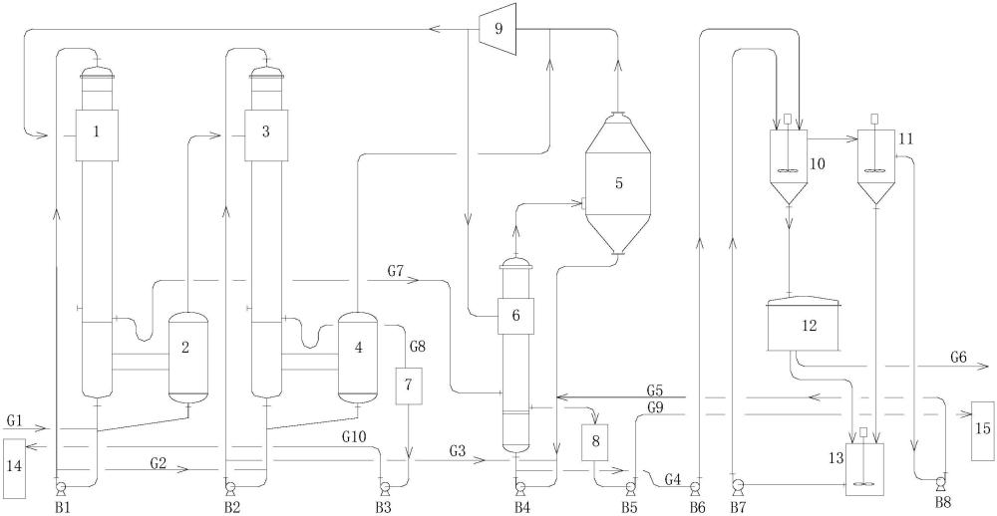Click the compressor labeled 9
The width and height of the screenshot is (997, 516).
498,29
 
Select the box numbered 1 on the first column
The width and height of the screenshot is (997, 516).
97,134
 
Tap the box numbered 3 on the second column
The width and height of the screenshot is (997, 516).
266,134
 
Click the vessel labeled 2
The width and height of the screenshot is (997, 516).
187,358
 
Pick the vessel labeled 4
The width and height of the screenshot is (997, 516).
357,358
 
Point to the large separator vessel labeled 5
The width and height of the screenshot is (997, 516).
617,184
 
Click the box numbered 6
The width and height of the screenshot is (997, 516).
515,316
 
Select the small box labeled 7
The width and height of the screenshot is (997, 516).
408,387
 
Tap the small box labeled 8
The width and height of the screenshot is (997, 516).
596,443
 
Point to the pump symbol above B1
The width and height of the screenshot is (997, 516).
62,488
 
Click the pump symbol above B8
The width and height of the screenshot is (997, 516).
941,487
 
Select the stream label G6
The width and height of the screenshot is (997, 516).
959,358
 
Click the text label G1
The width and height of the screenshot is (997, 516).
16,420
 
